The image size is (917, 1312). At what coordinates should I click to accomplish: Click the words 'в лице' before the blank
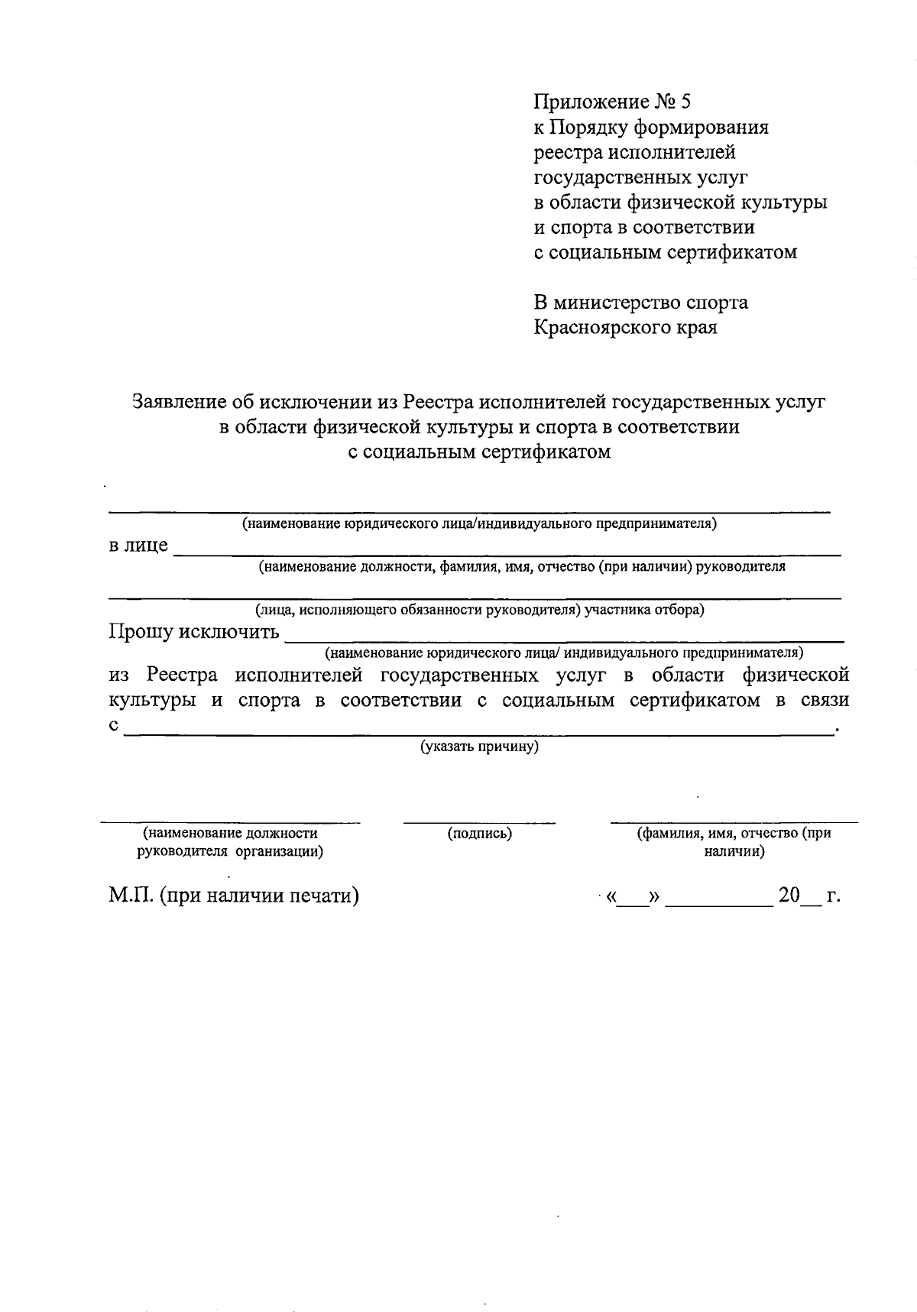point(138,546)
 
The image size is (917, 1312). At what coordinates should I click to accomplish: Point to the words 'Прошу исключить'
point(194,632)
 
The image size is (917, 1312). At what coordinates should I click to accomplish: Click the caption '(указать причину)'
point(479,747)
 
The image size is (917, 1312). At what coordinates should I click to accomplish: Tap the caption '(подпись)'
point(479,834)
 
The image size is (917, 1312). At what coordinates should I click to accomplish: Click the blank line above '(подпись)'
point(479,822)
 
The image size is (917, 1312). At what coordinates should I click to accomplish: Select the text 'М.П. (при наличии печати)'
point(234,895)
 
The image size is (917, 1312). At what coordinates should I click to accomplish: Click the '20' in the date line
point(789,895)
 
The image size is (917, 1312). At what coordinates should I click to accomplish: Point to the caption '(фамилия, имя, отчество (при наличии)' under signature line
point(734,842)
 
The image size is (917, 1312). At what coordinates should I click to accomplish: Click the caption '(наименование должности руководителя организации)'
point(230,842)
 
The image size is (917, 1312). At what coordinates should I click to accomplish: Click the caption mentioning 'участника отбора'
point(479,610)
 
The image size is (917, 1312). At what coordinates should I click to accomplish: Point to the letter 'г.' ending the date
point(833,895)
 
